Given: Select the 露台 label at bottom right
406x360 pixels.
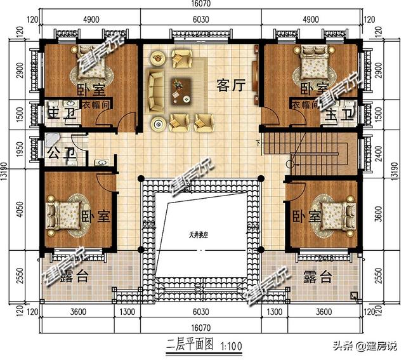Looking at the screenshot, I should pos(317,277).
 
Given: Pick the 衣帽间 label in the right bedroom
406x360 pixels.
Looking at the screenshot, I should pos(304,105).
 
